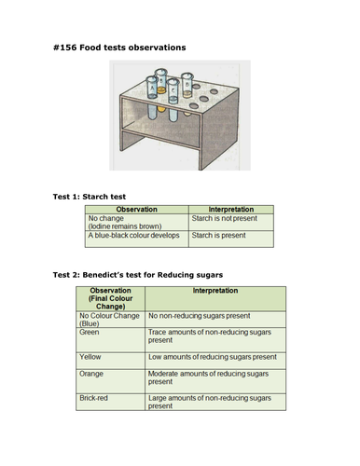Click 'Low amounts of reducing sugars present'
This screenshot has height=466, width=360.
(212, 382)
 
